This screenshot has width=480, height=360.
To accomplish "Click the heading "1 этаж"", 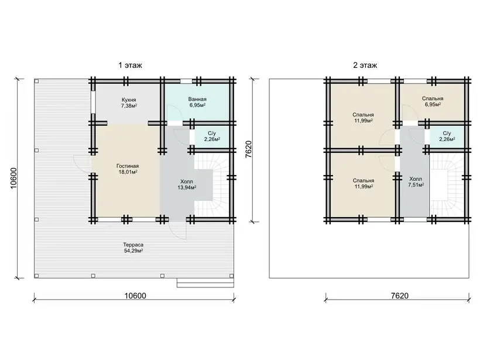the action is click(130, 65).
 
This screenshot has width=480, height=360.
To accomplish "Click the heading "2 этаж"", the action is click(365, 65).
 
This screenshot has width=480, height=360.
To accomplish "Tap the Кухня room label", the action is click(129, 102).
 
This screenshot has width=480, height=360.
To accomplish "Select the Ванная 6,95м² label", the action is click(197, 102).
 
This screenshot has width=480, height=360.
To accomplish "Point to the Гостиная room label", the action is click(128, 169).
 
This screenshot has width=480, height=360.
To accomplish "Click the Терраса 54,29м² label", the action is click(133, 248).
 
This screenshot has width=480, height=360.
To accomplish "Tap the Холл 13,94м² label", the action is click(187, 184).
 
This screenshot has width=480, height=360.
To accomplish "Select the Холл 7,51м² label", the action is click(416, 182).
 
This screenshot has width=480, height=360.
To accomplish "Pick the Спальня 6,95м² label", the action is click(432, 101).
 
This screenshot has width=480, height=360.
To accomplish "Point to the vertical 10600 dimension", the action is click(14, 178).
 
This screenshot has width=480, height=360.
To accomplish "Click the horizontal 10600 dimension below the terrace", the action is click(135, 296).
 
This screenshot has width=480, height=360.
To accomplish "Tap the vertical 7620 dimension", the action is click(248, 149).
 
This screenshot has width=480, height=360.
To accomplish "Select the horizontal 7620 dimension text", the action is click(399, 296).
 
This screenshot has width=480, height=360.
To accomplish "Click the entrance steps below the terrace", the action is click(205, 283).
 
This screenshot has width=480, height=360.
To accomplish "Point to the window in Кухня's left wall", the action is click(93, 102).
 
